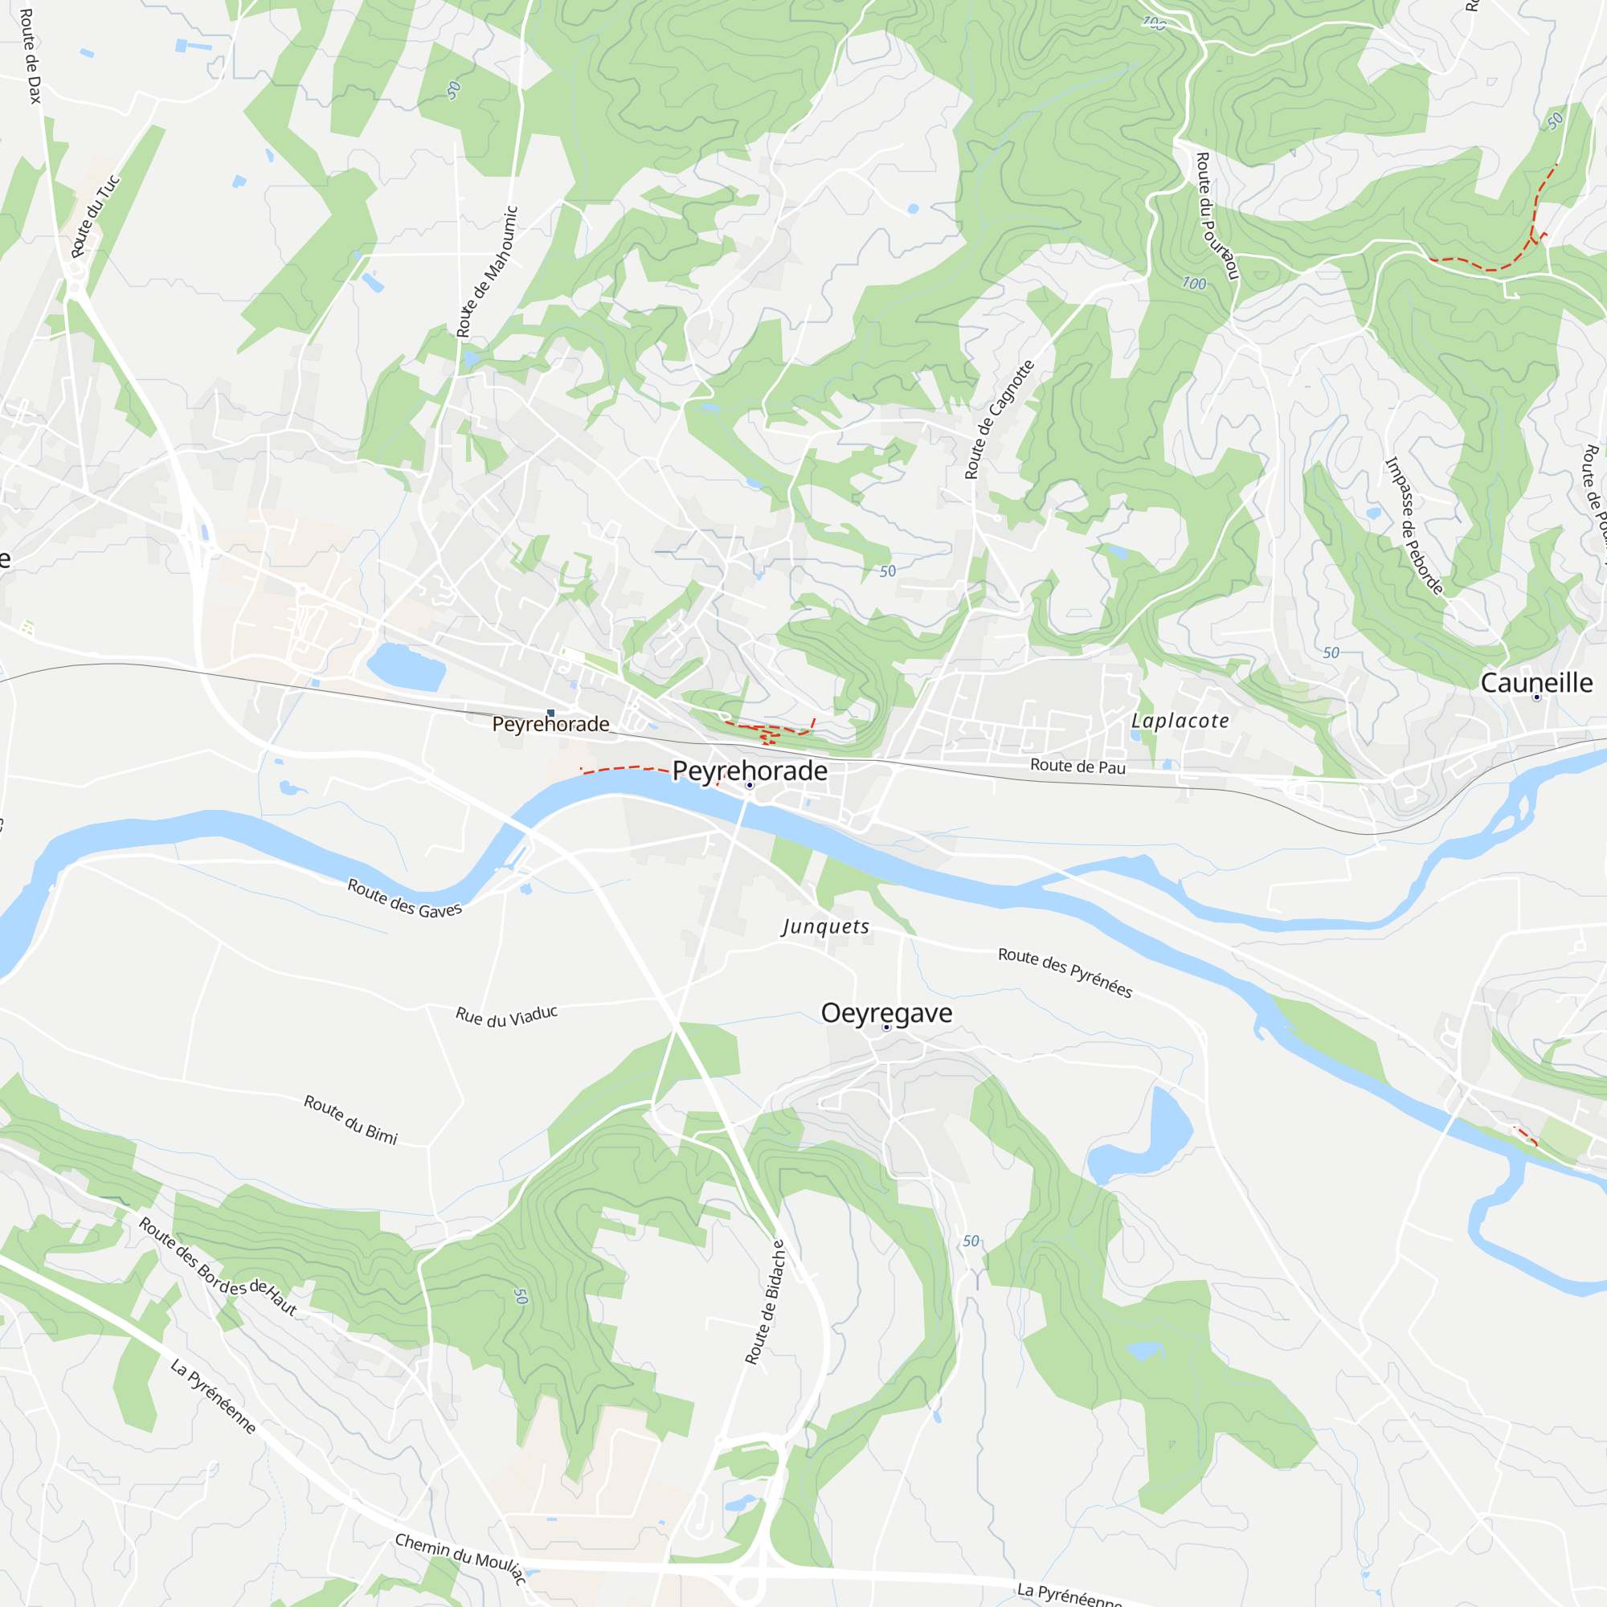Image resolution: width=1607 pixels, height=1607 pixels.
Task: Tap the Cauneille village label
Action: pyautogui.click(x=1536, y=683)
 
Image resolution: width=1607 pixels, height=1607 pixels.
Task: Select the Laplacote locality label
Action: pyautogui.click(x=1180, y=722)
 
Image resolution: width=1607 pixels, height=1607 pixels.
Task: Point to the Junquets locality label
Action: pyautogui.click(x=825, y=926)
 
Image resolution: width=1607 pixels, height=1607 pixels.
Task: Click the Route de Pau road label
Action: pyautogui.click(x=1077, y=766)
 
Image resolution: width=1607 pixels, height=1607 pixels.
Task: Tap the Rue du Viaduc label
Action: pyautogui.click(x=505, y=1016)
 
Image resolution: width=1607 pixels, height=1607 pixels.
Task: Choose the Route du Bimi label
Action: pyautogui.click(x=350, y=1119)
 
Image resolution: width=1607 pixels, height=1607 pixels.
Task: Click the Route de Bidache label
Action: pyautogui.click(x=764, y=1302)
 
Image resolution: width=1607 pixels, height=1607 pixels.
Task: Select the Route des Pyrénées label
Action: pyautogui.click(x=1065, y=972)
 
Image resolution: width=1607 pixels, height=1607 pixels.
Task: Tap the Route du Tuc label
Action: pyautogui.click(x=95, y=216)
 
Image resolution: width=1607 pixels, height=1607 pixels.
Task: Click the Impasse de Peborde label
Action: pyautogui.click(x=1413, y=525)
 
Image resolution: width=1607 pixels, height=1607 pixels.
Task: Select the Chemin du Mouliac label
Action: pyautogui.click(x=460, y=1557)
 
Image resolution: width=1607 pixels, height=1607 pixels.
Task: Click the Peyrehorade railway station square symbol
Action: pyautogui.click(x=550, y=713)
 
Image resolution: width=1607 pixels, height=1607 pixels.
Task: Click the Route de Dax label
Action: pyautogui.click(x=30, y=55)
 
